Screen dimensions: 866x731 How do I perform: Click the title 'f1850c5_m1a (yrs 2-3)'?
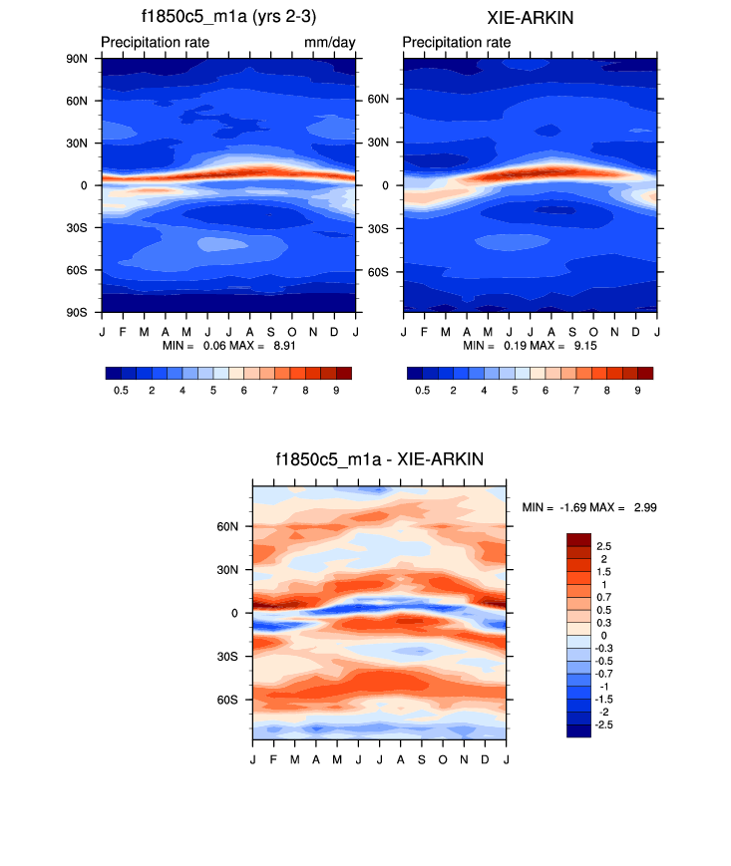tap(228, 18)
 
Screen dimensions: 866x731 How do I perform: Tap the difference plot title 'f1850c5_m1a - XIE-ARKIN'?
tap(379, 459)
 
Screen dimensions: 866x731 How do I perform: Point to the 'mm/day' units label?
tap(330, 43)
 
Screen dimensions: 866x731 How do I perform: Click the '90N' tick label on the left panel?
tap(77, 58)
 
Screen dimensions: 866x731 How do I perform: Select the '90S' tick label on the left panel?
tap(77, 313)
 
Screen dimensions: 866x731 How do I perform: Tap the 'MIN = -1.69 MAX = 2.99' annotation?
tap(589, 508)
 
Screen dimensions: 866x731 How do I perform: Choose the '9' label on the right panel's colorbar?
tap(637, 391)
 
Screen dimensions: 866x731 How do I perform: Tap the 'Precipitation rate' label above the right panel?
tap(457, 43)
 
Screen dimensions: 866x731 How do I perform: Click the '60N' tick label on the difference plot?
tap(228, 526)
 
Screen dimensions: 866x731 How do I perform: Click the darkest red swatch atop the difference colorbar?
tap(578, 539)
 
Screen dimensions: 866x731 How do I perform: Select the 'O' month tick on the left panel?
tap(292, 330)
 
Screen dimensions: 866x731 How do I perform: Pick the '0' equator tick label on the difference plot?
tap(235, 613)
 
